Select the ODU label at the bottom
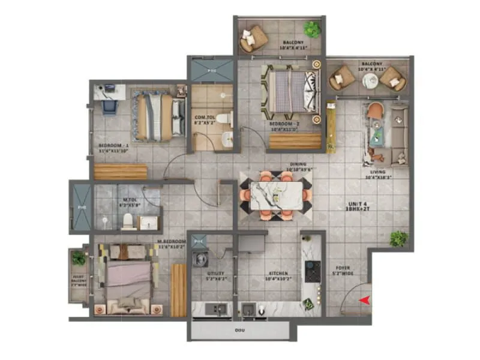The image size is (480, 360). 239,331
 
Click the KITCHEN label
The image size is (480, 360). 278,273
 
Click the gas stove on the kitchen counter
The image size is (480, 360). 313,271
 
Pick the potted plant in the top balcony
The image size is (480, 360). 312,29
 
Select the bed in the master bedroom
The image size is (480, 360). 128,279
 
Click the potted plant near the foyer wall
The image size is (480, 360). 398,239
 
